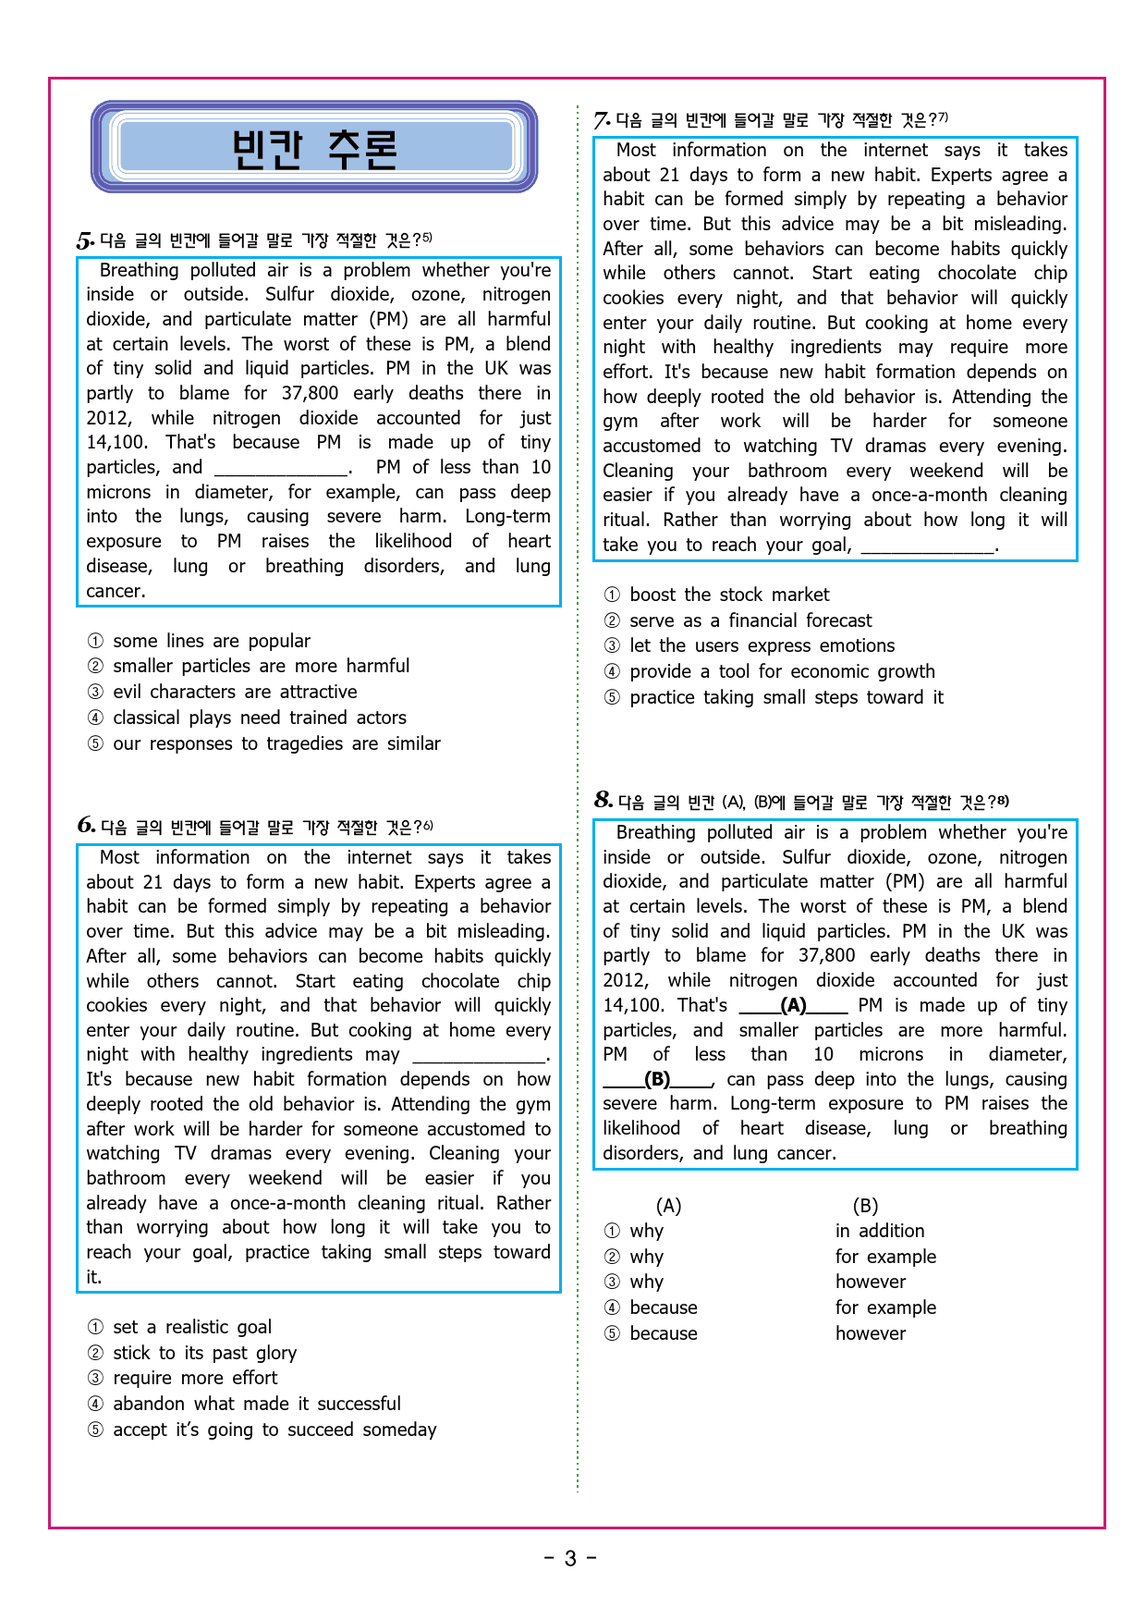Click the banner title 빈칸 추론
(314, 148)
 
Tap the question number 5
(84, 241)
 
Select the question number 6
(86, 826)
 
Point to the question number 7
(602, 120)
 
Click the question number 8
(603, 800)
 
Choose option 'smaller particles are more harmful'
(261, 666)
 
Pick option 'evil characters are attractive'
(235, 692)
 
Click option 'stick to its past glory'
(204, 1353)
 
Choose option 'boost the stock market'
(729, 595)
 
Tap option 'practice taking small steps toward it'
(786, 697)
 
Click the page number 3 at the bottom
(570, 1559)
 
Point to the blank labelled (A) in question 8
(793, 1006)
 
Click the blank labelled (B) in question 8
(657, 1079)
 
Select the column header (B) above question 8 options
(865, 1206)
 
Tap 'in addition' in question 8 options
(880, 1231)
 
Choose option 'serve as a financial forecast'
(750, 620)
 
